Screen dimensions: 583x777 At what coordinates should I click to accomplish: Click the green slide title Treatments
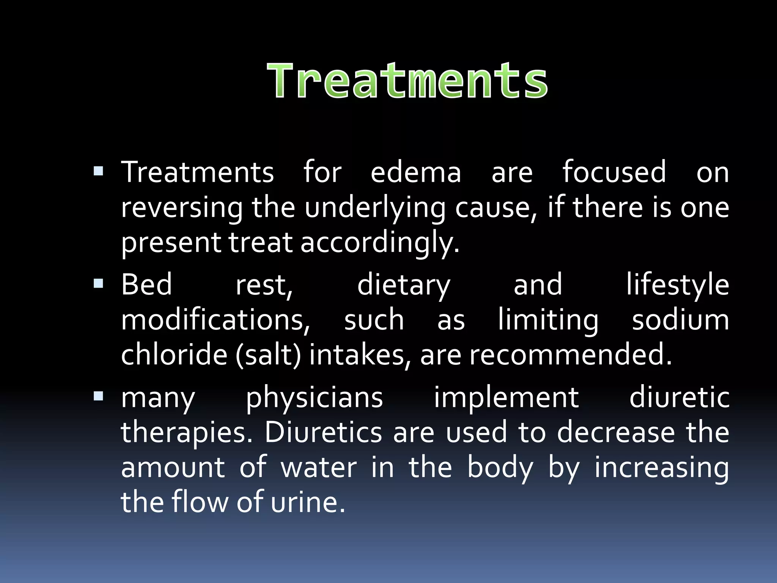[x=407, y=81]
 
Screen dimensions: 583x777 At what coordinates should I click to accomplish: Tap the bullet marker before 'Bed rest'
[x=98, y=283]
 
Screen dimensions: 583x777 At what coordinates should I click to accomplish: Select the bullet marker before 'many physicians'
[x=98, y=396]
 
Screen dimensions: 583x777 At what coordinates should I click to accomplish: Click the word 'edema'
[x=416, y=172]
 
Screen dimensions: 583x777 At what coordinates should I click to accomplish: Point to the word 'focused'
[x=614, y=172]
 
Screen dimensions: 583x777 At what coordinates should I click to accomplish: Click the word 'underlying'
[x=375, y=208]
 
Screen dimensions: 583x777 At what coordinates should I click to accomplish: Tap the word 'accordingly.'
[x=380, y=243]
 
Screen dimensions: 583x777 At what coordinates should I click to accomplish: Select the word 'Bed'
[x=146, y=284]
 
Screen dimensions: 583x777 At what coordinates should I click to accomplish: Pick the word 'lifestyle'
[x=678, y=285]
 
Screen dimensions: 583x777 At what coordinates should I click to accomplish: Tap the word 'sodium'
[x=680, y=320]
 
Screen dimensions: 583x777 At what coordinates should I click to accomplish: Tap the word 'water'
[x=319, y=467]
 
